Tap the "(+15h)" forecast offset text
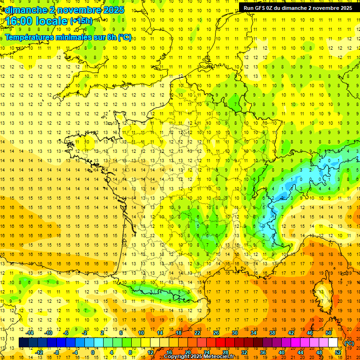tap(81, 21)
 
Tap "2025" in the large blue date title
tap(110, 10)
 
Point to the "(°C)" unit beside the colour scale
tap(349, 343)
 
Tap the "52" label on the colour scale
tap(337, 352)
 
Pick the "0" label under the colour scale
tap(92, 352)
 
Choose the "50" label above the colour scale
tap(328, 333)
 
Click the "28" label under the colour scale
tap(225, 352)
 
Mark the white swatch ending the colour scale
tap(333, 343)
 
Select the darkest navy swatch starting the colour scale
tap(24, 343)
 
